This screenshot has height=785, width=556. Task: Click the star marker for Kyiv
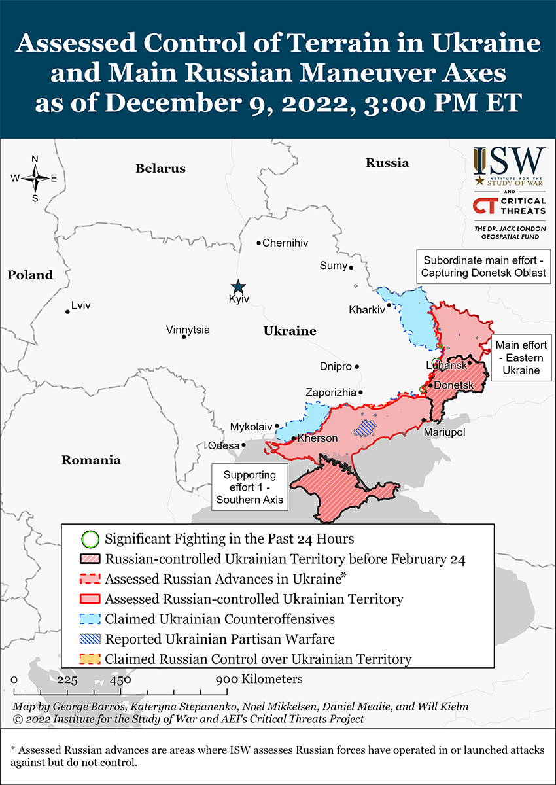[x=238, y=287]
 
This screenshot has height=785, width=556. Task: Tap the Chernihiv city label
[x=285, y=243]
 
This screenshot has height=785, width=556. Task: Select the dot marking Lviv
[x=67, y=311]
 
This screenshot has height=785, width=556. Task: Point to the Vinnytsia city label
[x=188, y=330]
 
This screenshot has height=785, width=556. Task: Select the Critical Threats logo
[x=510, y=206]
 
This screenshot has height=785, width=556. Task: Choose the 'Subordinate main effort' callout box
[x=483, y=266]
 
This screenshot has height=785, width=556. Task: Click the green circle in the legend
[x=90, y=540]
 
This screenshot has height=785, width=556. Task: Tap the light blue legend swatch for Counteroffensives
[x=90, y=619]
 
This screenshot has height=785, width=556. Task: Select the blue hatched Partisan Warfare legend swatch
[x=90, y=639]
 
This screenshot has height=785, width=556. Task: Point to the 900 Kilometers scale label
[x=260, y=679]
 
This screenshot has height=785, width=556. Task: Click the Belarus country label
[x=160, y=169]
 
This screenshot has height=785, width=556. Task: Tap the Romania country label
[x=91, y=460]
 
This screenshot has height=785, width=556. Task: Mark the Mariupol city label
[x=444, y=433]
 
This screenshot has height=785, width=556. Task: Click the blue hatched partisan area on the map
[x=366, y=428]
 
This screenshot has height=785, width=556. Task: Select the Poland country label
[x=30, y=275]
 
